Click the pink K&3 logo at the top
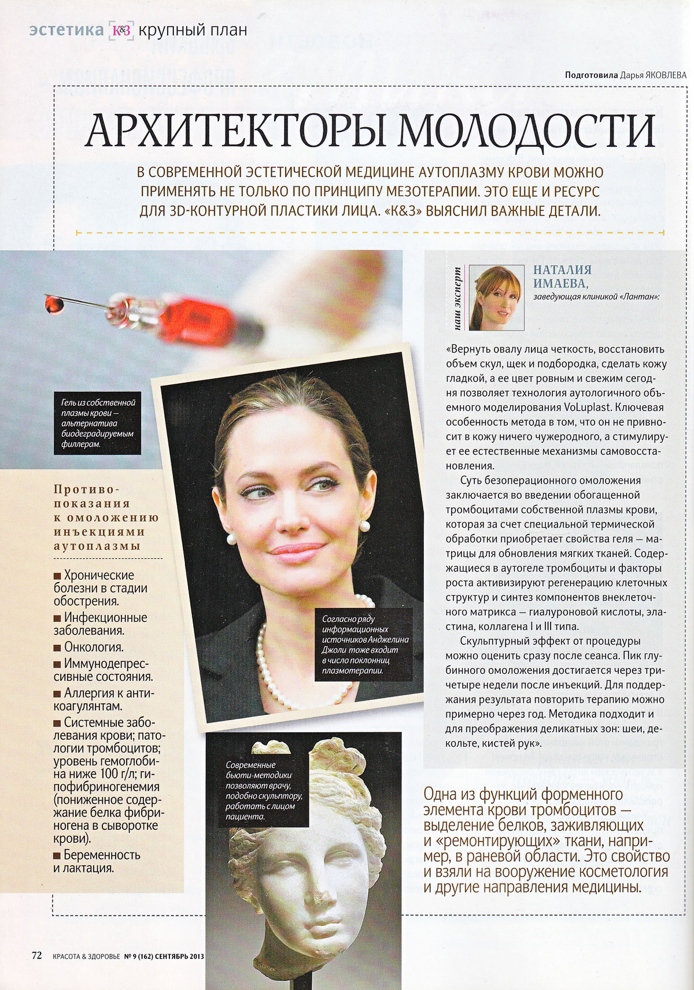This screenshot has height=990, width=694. [x=121, y=31]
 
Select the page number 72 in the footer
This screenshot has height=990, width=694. [x=36, y=955]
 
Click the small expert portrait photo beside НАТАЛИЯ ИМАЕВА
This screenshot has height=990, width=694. [x=496, y=297]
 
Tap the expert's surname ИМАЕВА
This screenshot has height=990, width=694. [x=560, y=284]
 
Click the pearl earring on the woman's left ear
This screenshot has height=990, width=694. [x=365, y=525]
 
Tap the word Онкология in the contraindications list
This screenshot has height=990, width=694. [x=94, y=647]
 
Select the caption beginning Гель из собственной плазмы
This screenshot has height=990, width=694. [x=98, y=423]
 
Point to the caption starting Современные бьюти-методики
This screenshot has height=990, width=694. [x=260, y=791]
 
